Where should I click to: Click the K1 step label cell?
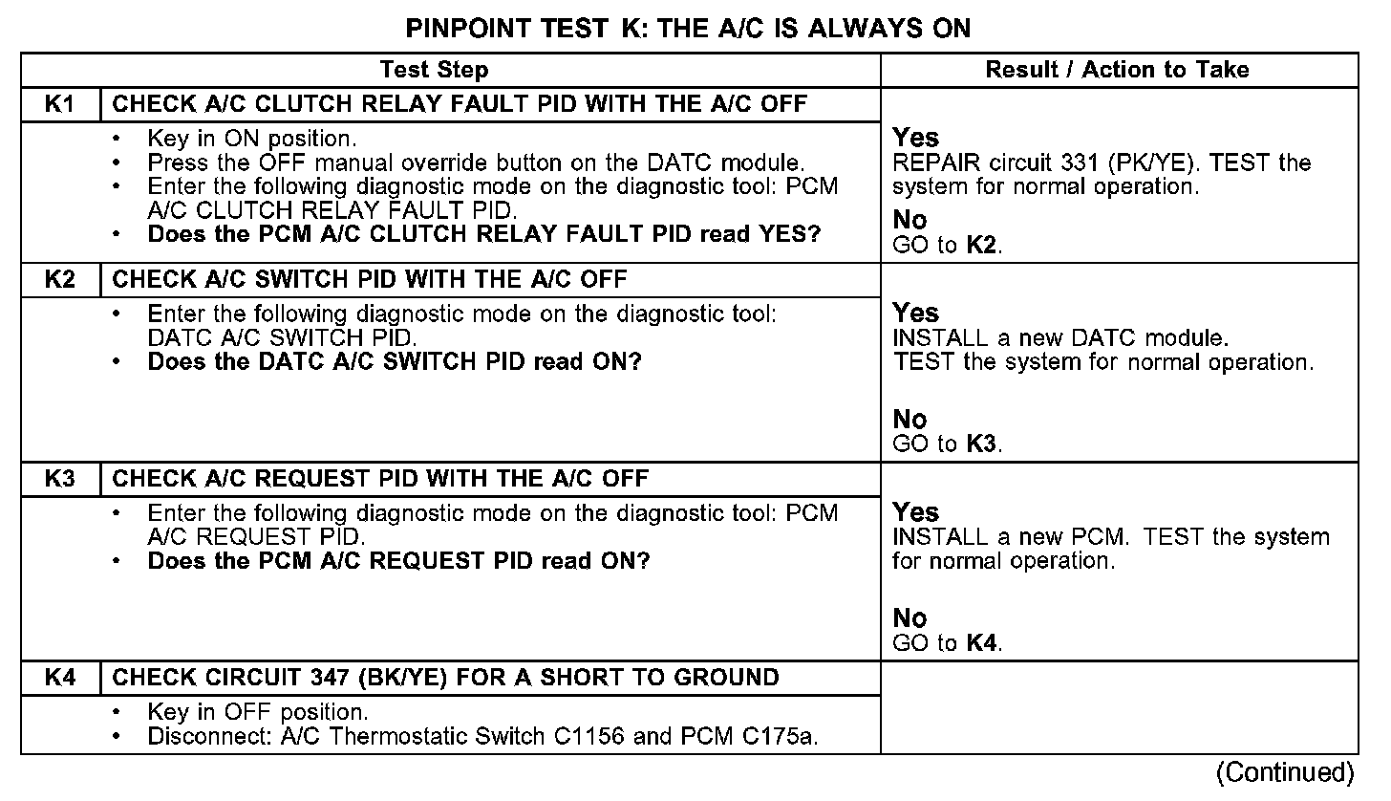tap(60, 104)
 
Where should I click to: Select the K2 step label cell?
tap(60, 280)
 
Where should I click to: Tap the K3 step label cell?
tap(60, 479)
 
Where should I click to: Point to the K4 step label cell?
tap(60, 678)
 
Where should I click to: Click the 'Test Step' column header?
tap(434, 70)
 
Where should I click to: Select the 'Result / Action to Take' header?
tap(1117, 70)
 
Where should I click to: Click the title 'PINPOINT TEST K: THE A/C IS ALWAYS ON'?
tap(688, 28)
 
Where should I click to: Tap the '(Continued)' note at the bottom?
tap(1285, 772)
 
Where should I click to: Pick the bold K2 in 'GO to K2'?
tap(982, 245)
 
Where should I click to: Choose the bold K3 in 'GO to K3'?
tap(982, 444)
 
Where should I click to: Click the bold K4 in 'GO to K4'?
tap(982, 642)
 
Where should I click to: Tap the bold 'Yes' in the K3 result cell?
tap(916, 512)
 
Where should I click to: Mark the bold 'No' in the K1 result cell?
tap(909, 221)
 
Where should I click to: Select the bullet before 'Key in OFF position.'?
tap(117, 713)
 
